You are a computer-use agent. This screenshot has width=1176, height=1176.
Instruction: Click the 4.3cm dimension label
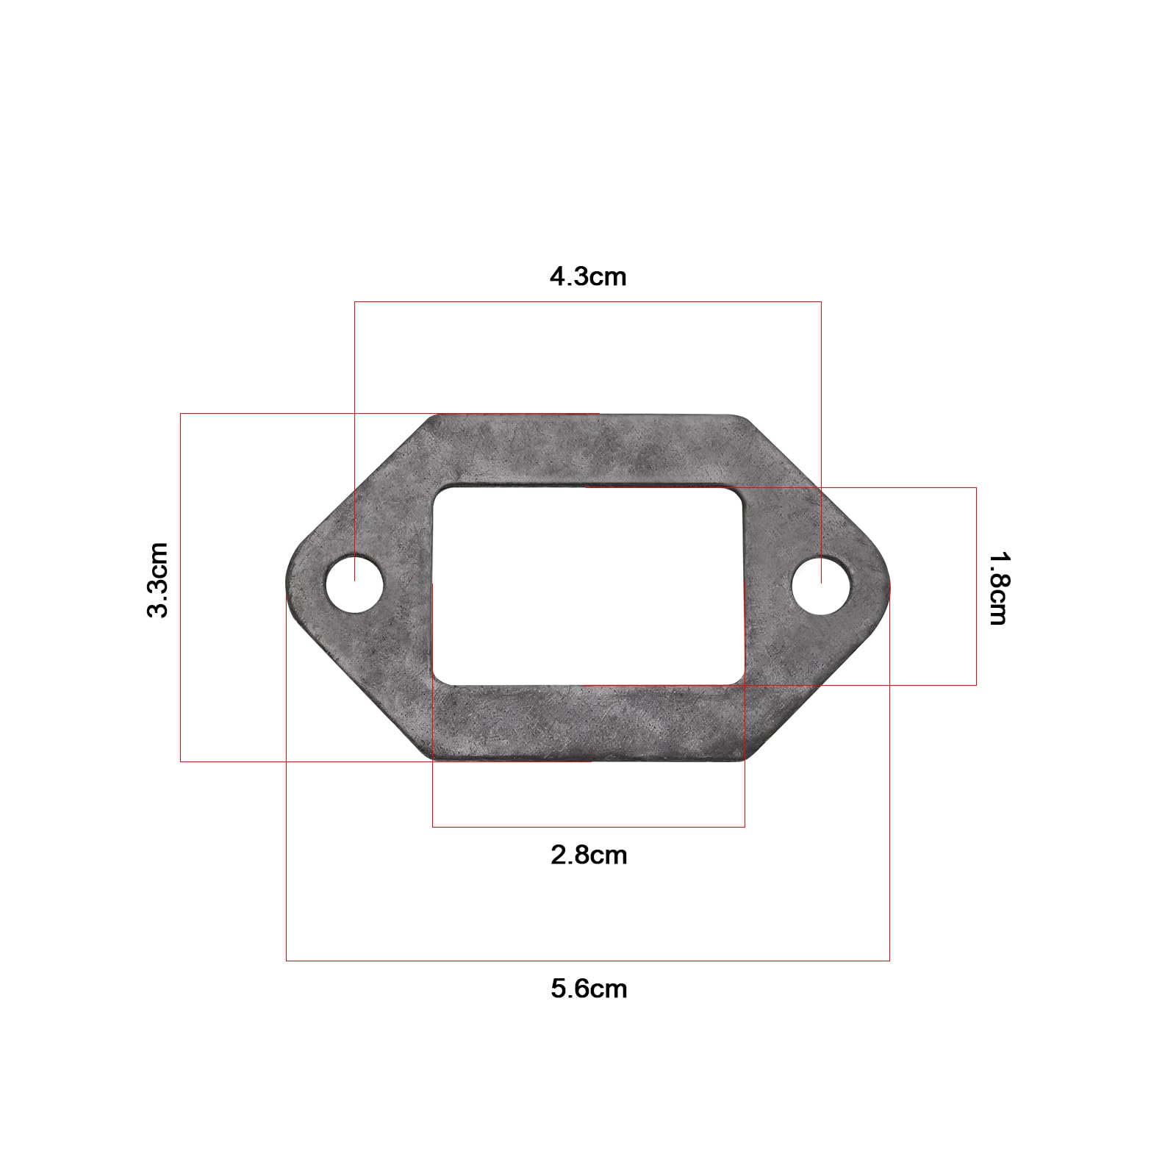[588, 277]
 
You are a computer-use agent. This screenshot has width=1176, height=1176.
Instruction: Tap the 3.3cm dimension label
[158, 580]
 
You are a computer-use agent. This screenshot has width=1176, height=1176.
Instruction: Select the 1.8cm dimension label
[998, 588]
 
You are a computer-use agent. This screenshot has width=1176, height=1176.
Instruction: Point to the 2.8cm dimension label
[589, 856]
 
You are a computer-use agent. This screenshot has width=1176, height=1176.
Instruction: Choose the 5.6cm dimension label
[589, 989]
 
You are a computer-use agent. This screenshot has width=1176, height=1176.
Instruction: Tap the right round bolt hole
[821, 586]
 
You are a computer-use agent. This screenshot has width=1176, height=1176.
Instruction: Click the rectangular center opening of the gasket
[588, 586]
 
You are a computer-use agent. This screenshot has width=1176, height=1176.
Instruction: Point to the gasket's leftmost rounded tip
[287, 586]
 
